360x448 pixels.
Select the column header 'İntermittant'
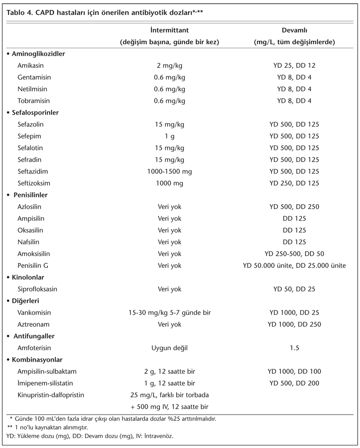(169, 30)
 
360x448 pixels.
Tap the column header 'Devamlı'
(294, 30)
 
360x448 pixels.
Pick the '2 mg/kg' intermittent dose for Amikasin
(169, 65)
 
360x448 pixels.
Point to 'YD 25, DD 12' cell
(294, 65)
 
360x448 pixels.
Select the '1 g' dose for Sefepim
(169, 136)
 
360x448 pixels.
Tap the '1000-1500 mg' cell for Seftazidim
(169, 171)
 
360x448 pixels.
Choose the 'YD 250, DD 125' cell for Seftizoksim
(294, 183)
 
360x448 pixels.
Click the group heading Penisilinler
(32, 195)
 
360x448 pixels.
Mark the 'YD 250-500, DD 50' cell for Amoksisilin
(294, 254)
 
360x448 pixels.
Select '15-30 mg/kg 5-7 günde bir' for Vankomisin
(169, 313)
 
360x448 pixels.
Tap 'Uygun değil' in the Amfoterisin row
(169, 348)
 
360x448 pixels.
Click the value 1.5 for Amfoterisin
(294, 348)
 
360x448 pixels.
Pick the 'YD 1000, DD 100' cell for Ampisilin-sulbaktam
(294, 372)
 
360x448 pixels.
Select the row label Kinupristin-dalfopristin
(51, 395)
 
